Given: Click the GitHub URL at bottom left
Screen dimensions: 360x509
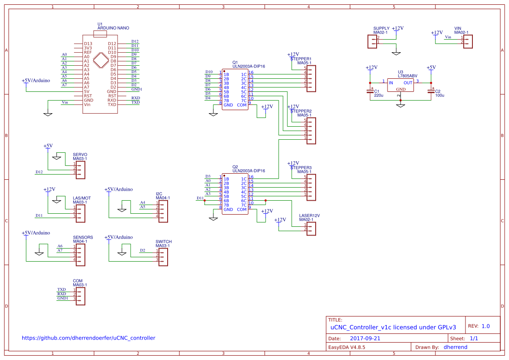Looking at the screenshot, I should pos(88,338).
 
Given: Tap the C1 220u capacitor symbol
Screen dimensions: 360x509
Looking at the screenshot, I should pos(371,91).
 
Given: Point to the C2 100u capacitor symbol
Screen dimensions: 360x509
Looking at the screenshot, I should pos(431,91).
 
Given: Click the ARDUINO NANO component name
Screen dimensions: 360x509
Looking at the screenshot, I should pos(113,28).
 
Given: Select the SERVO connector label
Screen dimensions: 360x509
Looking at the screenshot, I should pos(80,155).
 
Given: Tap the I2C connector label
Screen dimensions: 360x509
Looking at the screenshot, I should pos(159,194).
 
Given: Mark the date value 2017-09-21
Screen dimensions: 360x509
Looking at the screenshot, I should pos(365,338).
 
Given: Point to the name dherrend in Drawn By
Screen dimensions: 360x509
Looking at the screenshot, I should pos(455,347).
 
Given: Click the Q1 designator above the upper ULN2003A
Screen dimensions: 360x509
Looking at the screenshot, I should pos(235,62).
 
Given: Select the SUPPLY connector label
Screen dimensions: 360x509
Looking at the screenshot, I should pos(381,28).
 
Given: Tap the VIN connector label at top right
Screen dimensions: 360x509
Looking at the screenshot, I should pos(458,28).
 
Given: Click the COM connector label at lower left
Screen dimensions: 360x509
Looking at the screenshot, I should pos(78,281).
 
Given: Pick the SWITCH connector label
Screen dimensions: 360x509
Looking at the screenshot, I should pos(163,242).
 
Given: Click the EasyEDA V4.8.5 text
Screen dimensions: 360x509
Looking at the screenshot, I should pos(347,347).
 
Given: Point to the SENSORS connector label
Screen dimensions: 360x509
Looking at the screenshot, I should pos(83,237).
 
